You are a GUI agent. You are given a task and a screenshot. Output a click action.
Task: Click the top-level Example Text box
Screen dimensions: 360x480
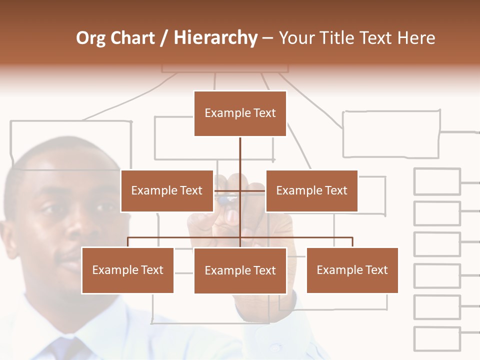coord(240,113)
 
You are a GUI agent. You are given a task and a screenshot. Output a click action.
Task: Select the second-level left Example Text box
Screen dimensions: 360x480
coord(166,190)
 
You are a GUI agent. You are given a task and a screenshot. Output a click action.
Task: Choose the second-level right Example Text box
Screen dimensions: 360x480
coord(311,190)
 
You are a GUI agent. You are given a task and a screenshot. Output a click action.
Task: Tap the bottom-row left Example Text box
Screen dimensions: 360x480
coord(127,270)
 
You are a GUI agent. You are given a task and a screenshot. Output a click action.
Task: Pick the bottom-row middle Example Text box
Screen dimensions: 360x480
coord(240,270)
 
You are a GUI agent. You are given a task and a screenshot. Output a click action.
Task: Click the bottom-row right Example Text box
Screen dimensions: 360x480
coord(352,270)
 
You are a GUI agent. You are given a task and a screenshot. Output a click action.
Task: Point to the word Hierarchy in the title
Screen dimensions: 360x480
coord(215,38)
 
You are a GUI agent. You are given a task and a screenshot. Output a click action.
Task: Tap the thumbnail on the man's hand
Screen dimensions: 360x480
coord(232,216)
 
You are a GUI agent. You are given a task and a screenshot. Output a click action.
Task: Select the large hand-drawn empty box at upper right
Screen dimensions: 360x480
coord(391,134)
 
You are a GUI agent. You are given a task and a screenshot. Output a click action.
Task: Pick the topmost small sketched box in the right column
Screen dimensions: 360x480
coord(437,181)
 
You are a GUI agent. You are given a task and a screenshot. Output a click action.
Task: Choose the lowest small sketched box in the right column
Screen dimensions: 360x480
coord(437,339)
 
